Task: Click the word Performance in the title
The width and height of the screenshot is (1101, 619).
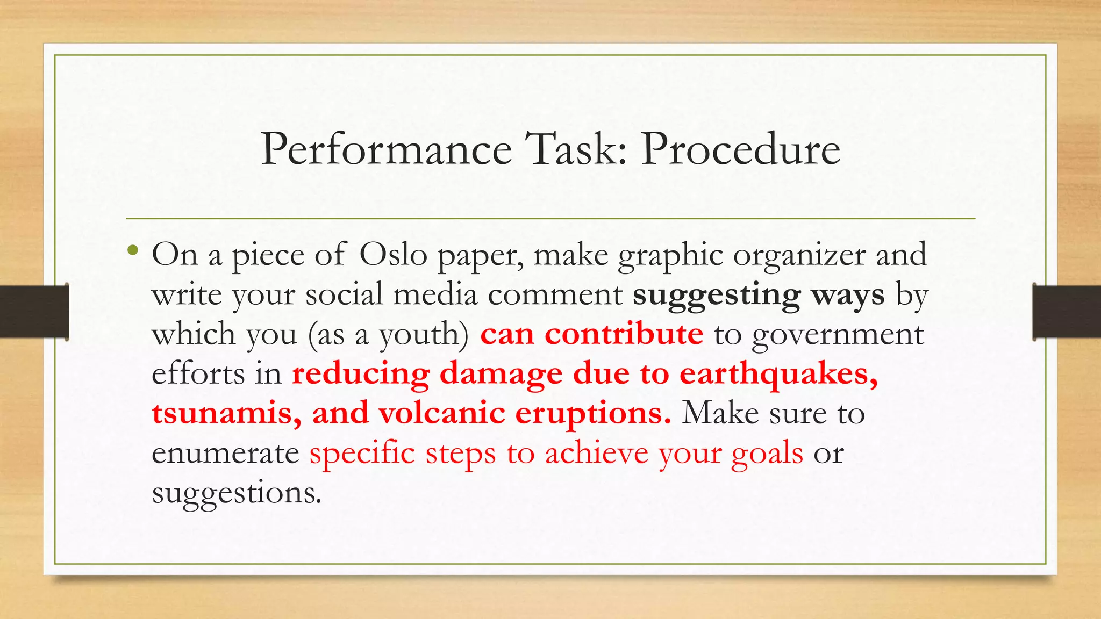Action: click(x=386, y=149)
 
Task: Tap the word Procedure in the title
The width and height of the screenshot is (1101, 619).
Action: click(x=740, y=149)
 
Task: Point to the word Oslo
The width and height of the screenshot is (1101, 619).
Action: click(x=393, y=255)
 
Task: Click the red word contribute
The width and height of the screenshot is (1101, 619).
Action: click(x=624, y=334)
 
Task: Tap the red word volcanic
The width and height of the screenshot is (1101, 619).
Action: click(x=441, y=414)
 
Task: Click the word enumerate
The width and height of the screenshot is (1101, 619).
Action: click(x=225, y=454)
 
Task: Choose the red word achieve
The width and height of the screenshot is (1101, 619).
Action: click(x=597, y=454)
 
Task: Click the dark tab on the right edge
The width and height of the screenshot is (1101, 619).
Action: click(x=1067, y=312)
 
